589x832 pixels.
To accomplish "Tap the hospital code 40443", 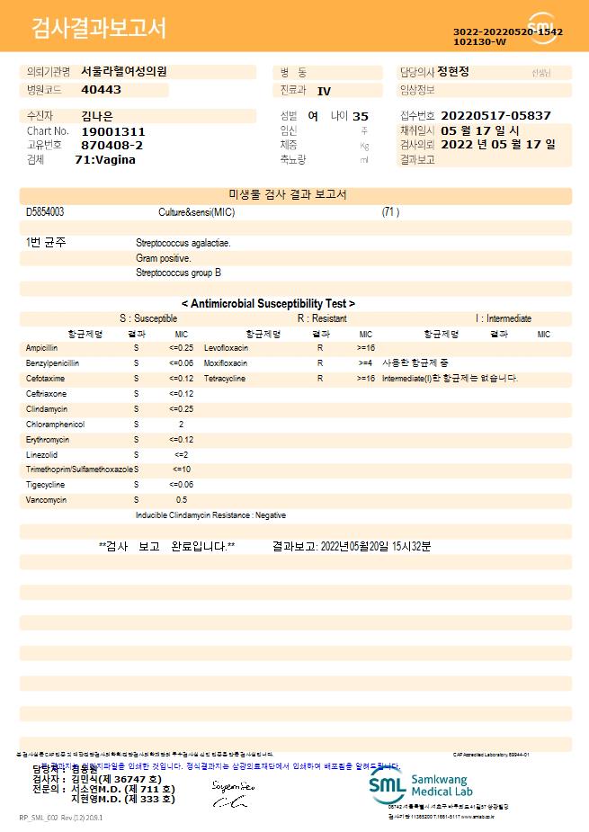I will click(101, 90).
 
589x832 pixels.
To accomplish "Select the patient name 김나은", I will click(95, 116).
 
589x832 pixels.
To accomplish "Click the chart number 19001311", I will click(112, 131).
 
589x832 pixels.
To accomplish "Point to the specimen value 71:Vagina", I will click(105, 159).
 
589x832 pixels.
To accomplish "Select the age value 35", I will click(361, 116).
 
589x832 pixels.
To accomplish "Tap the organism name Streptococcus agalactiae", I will click(183, 243).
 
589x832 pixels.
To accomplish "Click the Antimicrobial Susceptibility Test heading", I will click(268, 304).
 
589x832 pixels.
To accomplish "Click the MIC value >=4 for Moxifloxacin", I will click(365, 362).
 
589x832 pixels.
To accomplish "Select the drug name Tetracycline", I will click(225, 378).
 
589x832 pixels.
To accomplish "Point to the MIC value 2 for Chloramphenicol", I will click(181, 424).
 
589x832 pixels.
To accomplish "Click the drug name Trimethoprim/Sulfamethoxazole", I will click(79, 469).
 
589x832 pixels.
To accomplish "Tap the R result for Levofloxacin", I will click(319, 347).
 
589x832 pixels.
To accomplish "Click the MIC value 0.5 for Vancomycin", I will click(181, 499).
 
